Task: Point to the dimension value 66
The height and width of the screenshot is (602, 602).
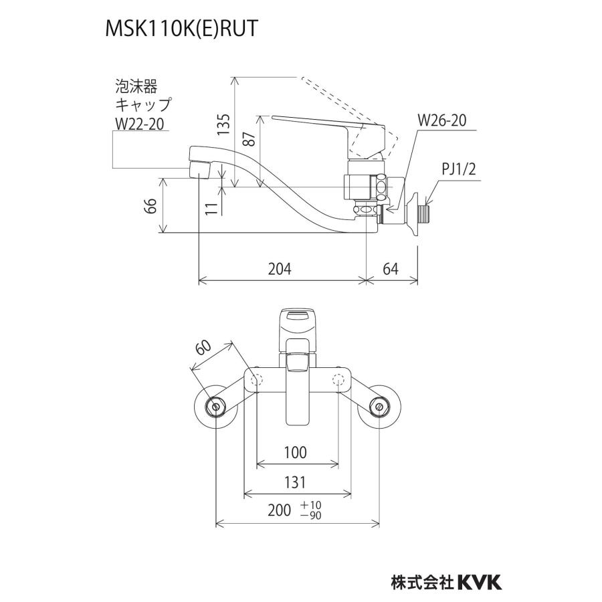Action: pyautogui.click(x=150, y=205)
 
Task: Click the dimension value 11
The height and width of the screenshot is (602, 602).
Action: pyautogui.click(x=211, y=206)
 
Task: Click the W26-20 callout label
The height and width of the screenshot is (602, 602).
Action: pyautogui.click(x=441, y=120)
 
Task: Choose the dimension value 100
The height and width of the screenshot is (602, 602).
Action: pyautogui.click(x=295, y=453)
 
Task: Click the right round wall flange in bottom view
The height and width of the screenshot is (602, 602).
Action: pyautogui.click(x=380, y=406)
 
